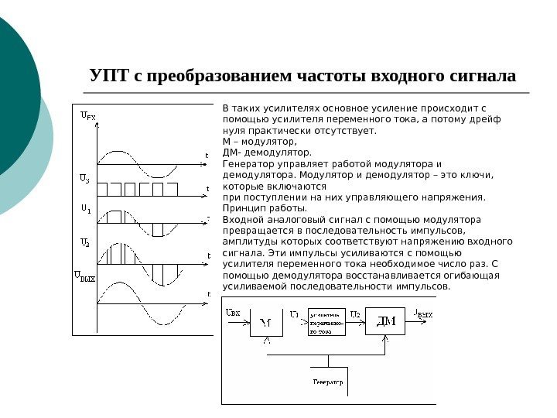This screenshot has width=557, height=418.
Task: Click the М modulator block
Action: pos(265,322)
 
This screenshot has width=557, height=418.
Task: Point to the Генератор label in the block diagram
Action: pos(328,383)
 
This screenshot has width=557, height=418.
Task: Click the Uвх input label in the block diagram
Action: pos(233,313)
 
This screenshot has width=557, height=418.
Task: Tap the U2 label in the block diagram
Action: pos(355,313)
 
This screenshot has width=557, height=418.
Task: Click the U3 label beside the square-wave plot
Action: pos(86,180)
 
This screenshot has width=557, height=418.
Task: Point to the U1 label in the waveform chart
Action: pos(86,209)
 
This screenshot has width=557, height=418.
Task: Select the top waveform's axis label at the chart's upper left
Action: pos(89,118)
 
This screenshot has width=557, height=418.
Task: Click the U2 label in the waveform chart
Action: pos(86,242)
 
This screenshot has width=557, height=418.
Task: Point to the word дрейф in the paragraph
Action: pos(484,120)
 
